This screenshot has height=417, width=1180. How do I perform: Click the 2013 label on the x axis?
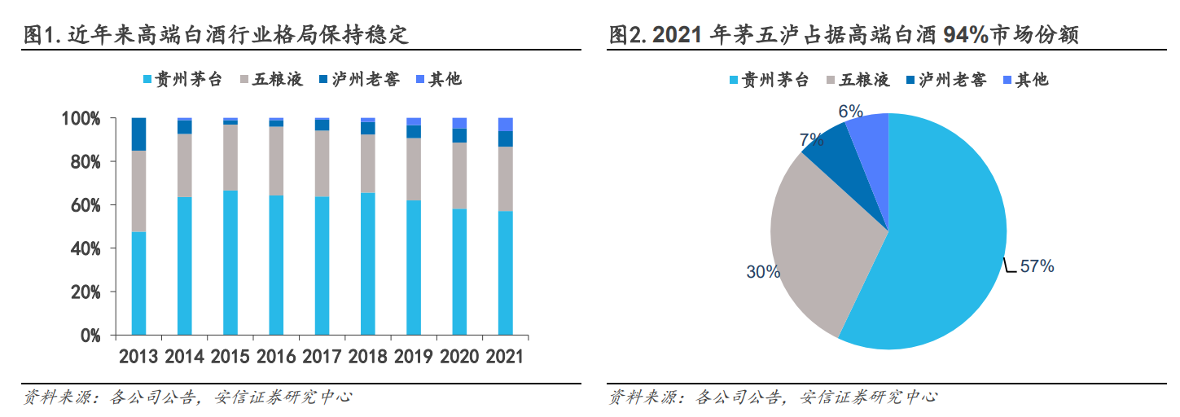[138, 357]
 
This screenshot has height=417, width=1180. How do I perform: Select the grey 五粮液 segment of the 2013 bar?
[138, 191]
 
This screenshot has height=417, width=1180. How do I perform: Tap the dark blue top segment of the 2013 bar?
[138, 134]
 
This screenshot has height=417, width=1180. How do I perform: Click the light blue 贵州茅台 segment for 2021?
[506, 273]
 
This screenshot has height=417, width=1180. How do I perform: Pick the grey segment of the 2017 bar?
[322, 163]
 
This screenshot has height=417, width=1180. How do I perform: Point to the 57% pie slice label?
[1036, 266]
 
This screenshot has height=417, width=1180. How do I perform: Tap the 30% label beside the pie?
[763, 272]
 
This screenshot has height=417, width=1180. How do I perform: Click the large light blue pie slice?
[945, 244]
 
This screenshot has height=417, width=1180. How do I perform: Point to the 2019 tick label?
[414, 357]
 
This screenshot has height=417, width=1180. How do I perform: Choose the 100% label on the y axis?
[80, 119]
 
